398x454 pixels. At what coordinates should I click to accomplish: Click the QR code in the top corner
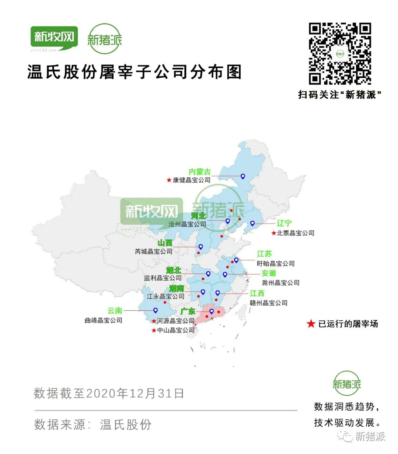[339, 54]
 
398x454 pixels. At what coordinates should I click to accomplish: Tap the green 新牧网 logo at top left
[54, 38]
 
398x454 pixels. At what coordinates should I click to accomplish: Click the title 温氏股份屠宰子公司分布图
[135, 72]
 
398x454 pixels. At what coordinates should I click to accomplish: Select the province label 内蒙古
[200, 172]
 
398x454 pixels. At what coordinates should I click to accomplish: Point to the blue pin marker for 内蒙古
[243, 176]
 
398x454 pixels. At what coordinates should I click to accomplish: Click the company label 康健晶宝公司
[192, 180]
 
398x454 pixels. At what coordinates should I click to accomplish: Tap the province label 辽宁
[284, 223]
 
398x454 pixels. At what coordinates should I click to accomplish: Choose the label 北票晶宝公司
[296, 233]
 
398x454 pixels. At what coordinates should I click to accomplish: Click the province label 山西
[165, 243]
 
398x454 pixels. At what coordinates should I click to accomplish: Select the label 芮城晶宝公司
[154, 251]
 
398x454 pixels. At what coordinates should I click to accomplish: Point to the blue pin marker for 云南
[156, 310]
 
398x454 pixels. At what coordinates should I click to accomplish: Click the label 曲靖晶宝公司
[104, 320]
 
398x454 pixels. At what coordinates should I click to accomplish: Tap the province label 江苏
[264, 254]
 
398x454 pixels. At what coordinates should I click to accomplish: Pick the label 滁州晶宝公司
[280, 283]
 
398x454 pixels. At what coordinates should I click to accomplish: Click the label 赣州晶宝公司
[268, 303]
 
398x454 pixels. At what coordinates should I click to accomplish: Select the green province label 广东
[188, 312]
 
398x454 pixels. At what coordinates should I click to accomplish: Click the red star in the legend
[311, 324]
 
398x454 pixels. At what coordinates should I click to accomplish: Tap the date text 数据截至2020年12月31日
[109, 393]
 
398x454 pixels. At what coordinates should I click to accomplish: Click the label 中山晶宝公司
[176, 330]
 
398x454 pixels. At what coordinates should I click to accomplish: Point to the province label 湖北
[173, 271]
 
